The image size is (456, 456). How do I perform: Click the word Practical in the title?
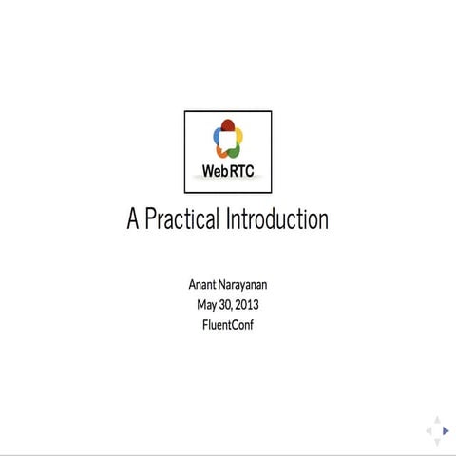183,219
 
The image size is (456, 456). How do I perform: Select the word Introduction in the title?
277,219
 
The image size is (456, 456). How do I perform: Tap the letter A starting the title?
134,219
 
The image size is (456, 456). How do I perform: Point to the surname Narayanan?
245,285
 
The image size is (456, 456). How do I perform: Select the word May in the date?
207,305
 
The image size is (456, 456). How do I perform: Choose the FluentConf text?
228,325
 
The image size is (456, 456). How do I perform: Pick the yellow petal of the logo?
238,136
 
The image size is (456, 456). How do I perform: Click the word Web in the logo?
215,172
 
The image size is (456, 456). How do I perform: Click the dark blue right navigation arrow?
446,430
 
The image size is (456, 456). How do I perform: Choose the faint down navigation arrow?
438,441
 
